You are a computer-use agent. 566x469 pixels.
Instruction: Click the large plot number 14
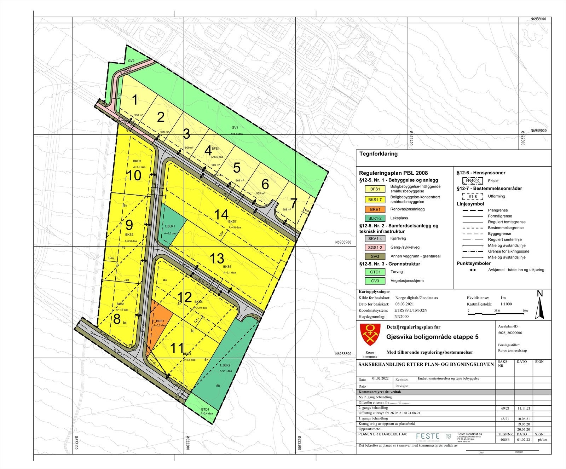[221, 214]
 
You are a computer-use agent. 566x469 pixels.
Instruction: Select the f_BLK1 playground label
[169, 226]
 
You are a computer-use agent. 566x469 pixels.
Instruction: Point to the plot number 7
[294, 204]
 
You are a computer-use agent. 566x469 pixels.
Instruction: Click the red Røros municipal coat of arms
[370, 334]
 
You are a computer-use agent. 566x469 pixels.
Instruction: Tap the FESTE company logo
[428, 436]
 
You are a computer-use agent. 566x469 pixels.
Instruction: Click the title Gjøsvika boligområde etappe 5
[432, 337]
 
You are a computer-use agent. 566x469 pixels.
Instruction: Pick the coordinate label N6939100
[538, 19]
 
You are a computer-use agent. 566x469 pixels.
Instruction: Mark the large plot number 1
[135, 100]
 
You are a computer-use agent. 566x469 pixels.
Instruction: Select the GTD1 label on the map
[206, 409]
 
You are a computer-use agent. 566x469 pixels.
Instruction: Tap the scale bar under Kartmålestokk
[498, 313]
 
